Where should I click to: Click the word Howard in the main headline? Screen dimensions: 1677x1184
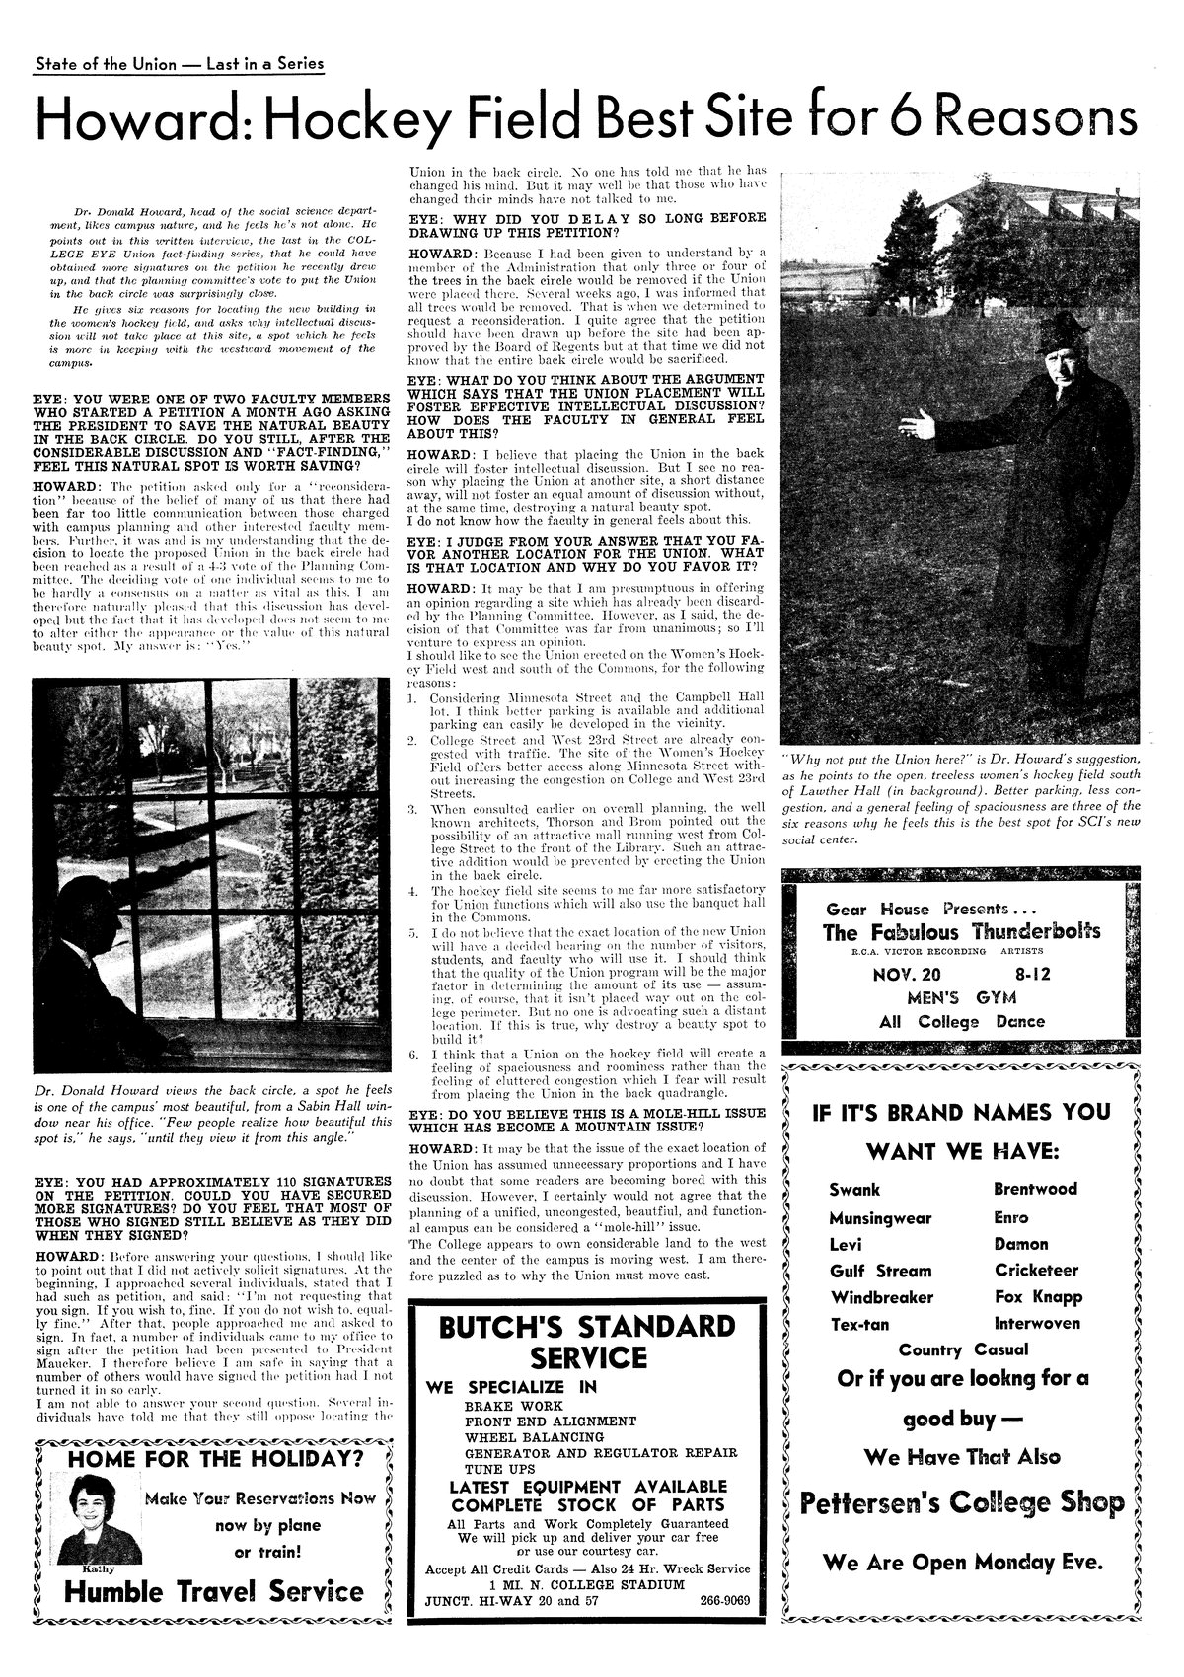tap(141, 119)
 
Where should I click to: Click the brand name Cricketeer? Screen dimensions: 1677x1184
tap(1036, 1270)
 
